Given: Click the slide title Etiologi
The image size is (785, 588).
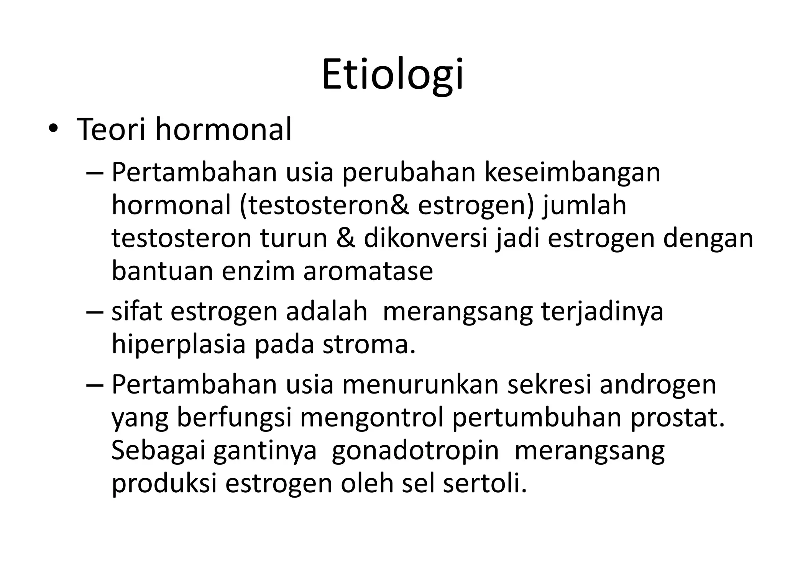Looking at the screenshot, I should click(x=392, y=75).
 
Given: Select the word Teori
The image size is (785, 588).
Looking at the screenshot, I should click(x=112, y=130).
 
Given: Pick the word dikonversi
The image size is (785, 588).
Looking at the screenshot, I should click(x=425, y=238).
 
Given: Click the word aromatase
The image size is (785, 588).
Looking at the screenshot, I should click(x=368, y=271).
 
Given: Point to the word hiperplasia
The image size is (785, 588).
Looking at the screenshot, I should click(x=178, y=344).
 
